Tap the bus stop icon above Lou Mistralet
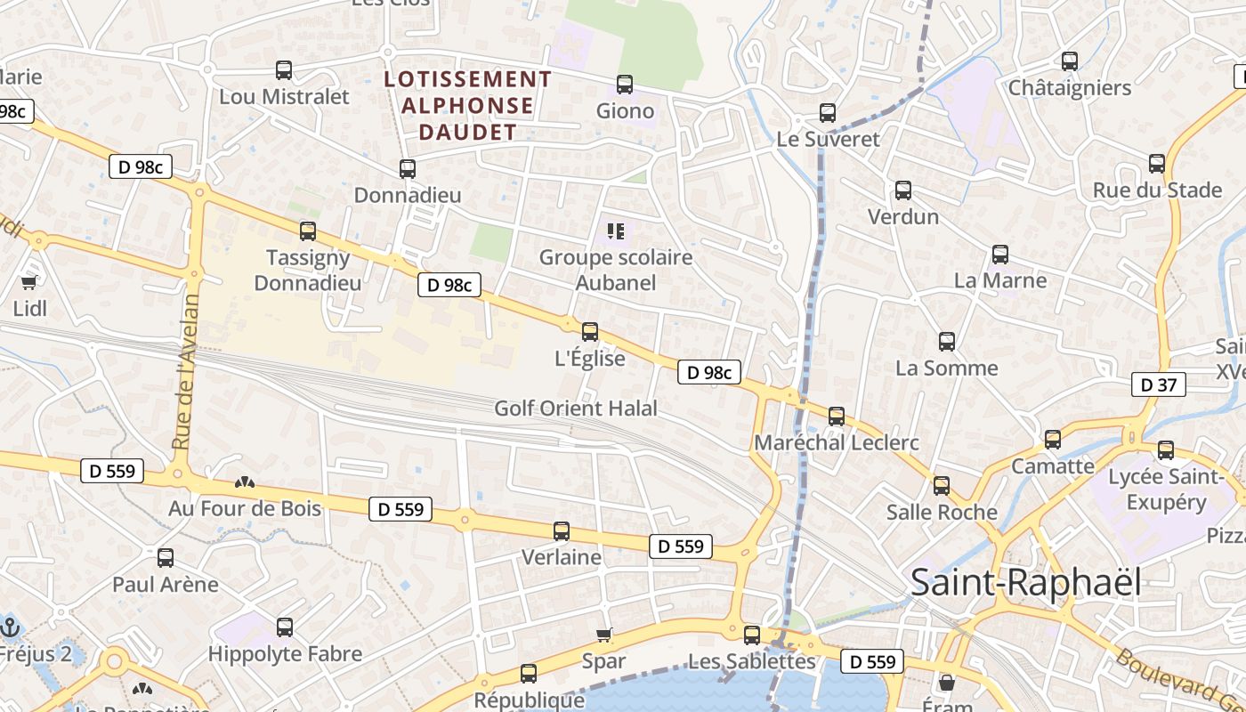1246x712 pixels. (x=284, y=69)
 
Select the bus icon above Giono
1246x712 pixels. (x=625, y=85)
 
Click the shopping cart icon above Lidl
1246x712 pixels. (x=29, y=282)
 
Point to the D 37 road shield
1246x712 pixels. (x=1158, y=384)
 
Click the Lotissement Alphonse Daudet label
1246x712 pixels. (x=467, y=105)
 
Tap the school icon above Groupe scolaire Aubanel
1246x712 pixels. (x=615, y=231)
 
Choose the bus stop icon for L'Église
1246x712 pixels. (x=589, y=332)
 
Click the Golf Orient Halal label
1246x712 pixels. (x=576, y=409)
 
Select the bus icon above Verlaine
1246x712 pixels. (x=562, y=531)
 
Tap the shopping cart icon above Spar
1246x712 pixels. (x=604, y=635)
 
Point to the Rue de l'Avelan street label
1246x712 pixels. (x=185, y=372)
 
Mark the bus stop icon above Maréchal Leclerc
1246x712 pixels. (x=836, y=416)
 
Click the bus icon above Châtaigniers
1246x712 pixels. (x=1070, y=61)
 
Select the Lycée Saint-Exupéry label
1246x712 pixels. (x=1166, y=489)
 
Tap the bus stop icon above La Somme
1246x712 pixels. (x=946, y=341)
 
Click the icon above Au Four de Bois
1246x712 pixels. (x=245, y=482)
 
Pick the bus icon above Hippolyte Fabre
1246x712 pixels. (x=285, y=627)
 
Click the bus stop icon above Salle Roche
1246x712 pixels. (x=942, y=486)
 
